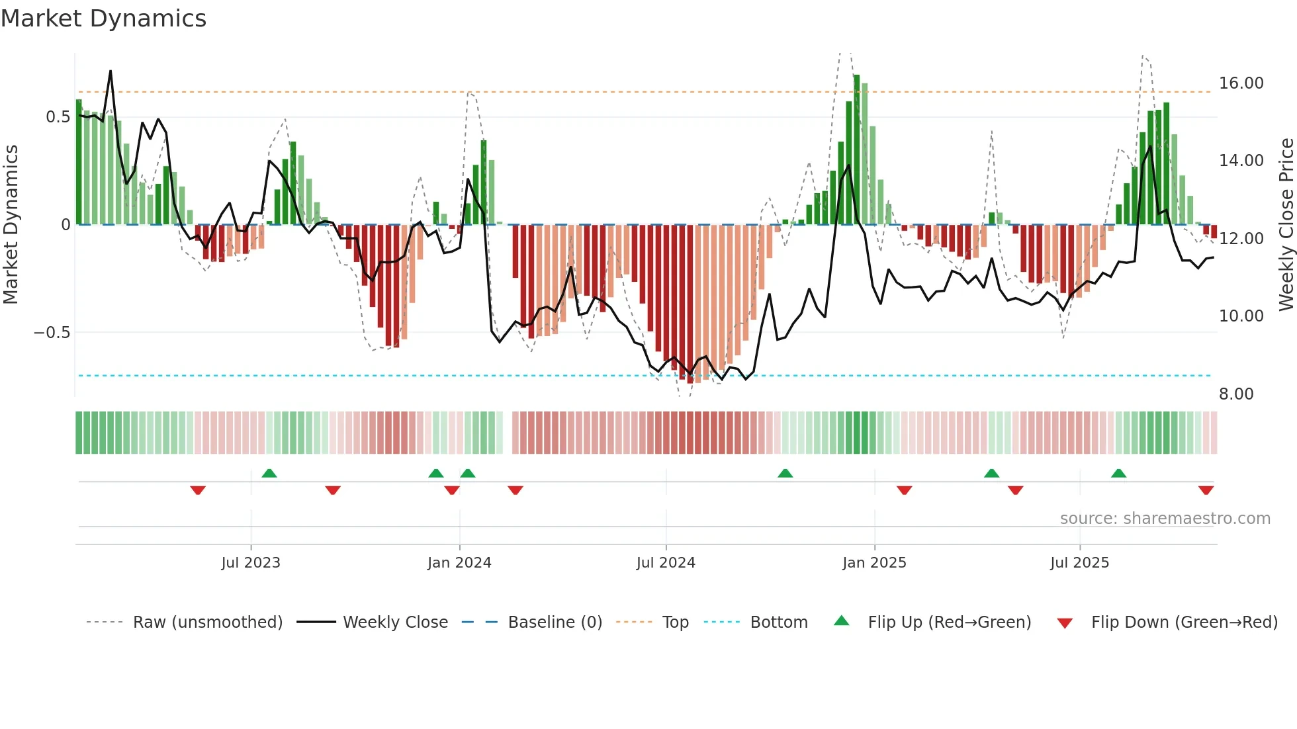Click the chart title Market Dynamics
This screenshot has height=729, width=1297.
pyautogui.click(x=103, y=19)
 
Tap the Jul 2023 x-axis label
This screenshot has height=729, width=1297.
pyautogui.click(x=251, y=563)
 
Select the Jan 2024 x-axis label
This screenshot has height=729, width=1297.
pyautogui.click(x=459, y=563)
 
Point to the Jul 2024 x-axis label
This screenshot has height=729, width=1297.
pyautogui.click(x=666, y=563)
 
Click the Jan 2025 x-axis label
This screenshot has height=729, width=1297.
pyautogui.click(x=874, y=563)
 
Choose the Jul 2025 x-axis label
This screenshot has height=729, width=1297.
pyautogui.click(x=1079, y=563)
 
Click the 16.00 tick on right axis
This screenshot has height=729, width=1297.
pyautogui.click(x=1241, y=83)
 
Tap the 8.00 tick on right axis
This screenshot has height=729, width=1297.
pyautogui.click(x=1236, y=394)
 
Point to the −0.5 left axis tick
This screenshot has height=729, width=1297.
pyautogui.click(x=52, y=333)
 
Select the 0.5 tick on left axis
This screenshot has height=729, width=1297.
pyautogui.click(x=58, y=117)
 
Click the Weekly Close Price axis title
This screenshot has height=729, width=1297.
pyautogui.click(x=1286, y=225)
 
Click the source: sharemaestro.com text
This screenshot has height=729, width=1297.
pyautogui.click(x=1165, y=519)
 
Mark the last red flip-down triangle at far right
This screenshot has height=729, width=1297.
pyautogui.click(x=1206, y=490)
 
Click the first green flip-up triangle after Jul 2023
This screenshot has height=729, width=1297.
pyautogui.click(x=269, y=473)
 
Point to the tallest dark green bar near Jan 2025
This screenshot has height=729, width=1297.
pyautogui.click(x=857, y=150)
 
